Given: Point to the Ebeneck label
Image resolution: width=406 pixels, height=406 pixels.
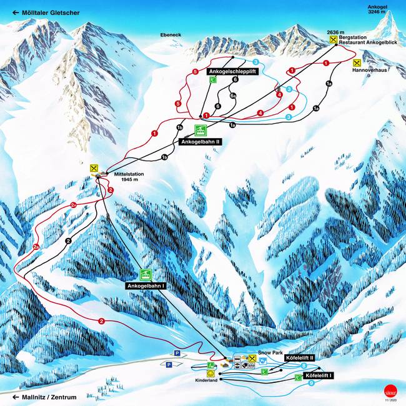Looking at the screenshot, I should pos(170,35).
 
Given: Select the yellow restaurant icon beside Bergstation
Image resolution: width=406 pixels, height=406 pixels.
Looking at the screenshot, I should pos(334,39).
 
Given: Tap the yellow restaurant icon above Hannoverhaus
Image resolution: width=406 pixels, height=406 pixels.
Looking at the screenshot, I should pos(357,63).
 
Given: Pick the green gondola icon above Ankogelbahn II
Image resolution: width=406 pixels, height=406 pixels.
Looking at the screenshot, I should pos(201,131).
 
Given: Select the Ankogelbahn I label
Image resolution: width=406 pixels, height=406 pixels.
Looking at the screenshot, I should pos(146,285).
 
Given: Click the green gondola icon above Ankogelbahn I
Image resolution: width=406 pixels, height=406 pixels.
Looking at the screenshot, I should pos(146,274).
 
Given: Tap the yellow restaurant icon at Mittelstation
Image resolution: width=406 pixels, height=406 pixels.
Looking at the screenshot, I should pos(94,168).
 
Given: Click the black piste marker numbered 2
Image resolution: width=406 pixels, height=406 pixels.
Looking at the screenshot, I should pos(68,240).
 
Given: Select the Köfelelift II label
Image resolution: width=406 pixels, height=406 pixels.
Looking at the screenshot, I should pos(298,358).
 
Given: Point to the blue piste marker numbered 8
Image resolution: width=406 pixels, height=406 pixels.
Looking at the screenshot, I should pos(304,365).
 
